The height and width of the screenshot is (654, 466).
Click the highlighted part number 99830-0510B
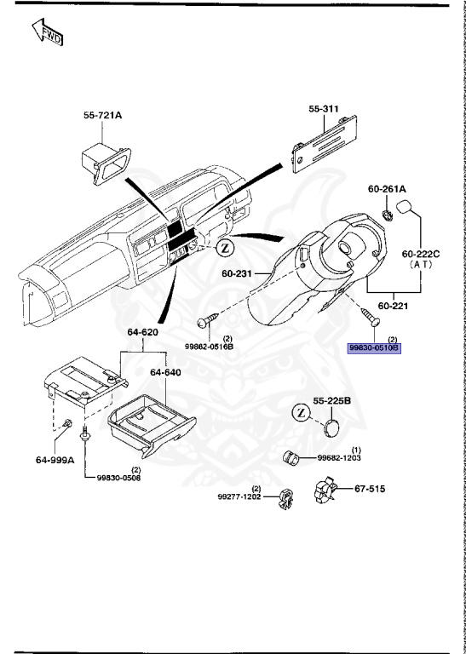click(x=373, y=348)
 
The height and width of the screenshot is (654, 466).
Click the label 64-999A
click(x=55, y=460)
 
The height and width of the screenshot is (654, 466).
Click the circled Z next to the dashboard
click(x=222, y=248)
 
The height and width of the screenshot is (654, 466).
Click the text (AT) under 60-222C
click(x=419, y=265)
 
